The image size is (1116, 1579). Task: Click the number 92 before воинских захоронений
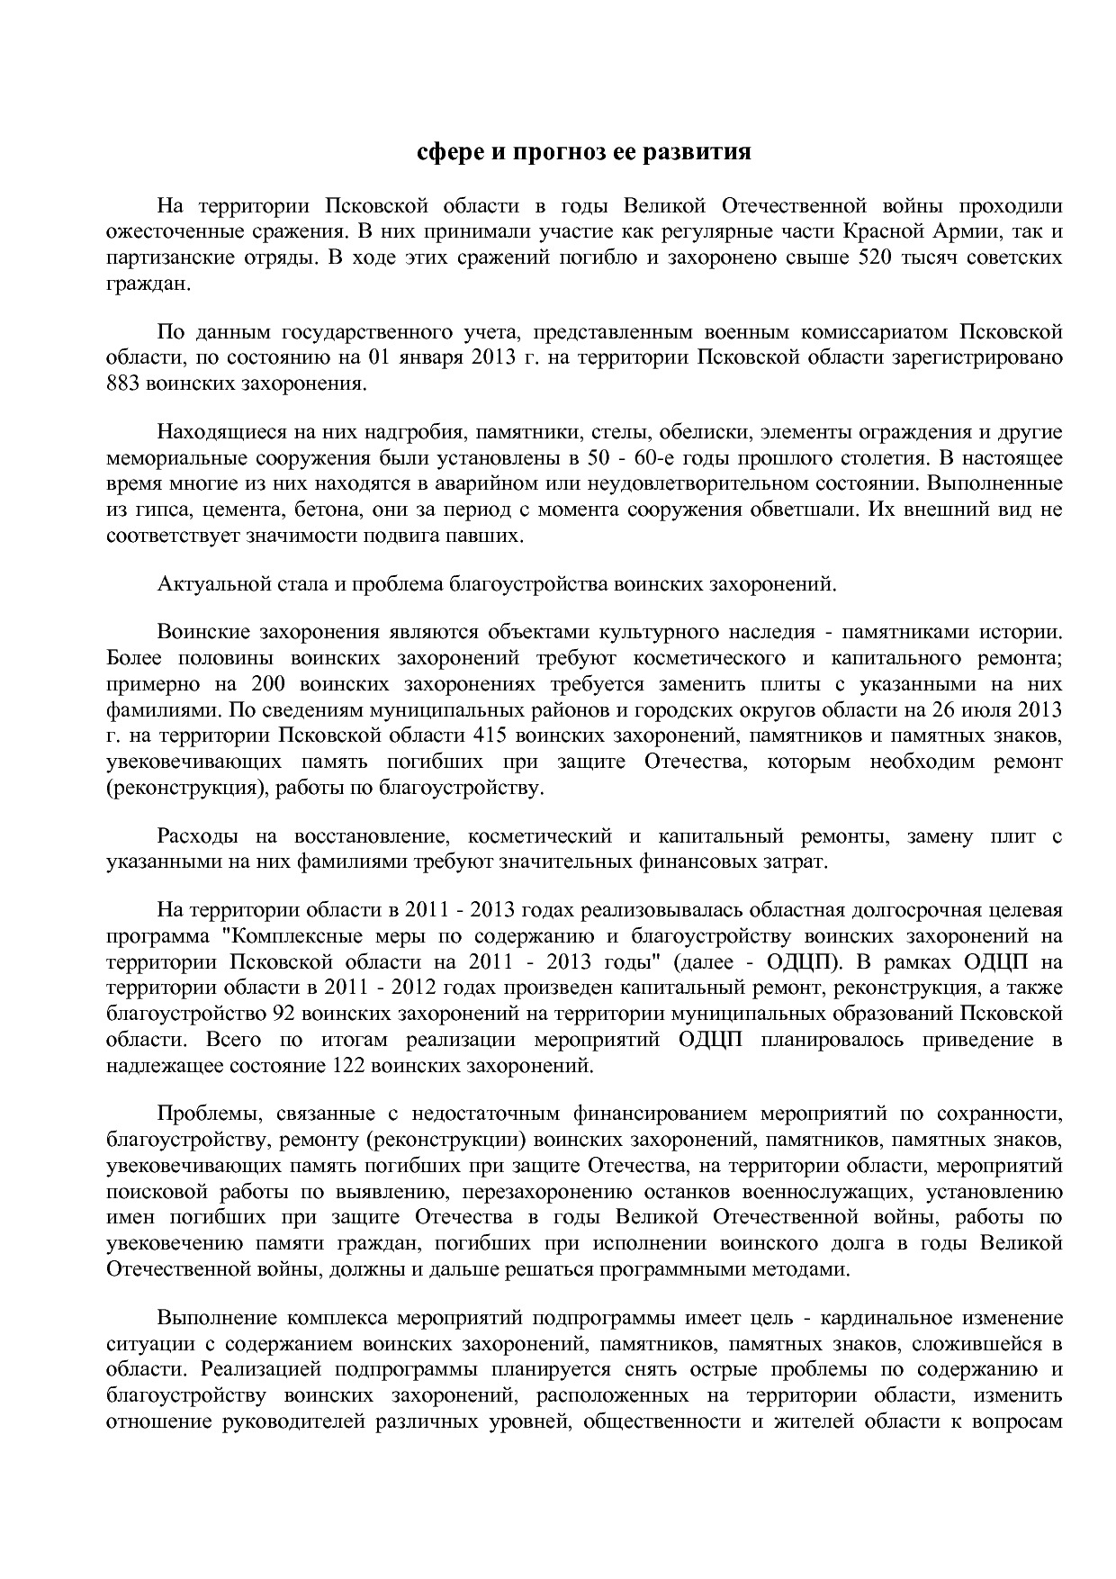pyautogui.click(x=283, y=1014)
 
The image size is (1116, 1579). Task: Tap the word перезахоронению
pyautogui.click(x=564, y=1193)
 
